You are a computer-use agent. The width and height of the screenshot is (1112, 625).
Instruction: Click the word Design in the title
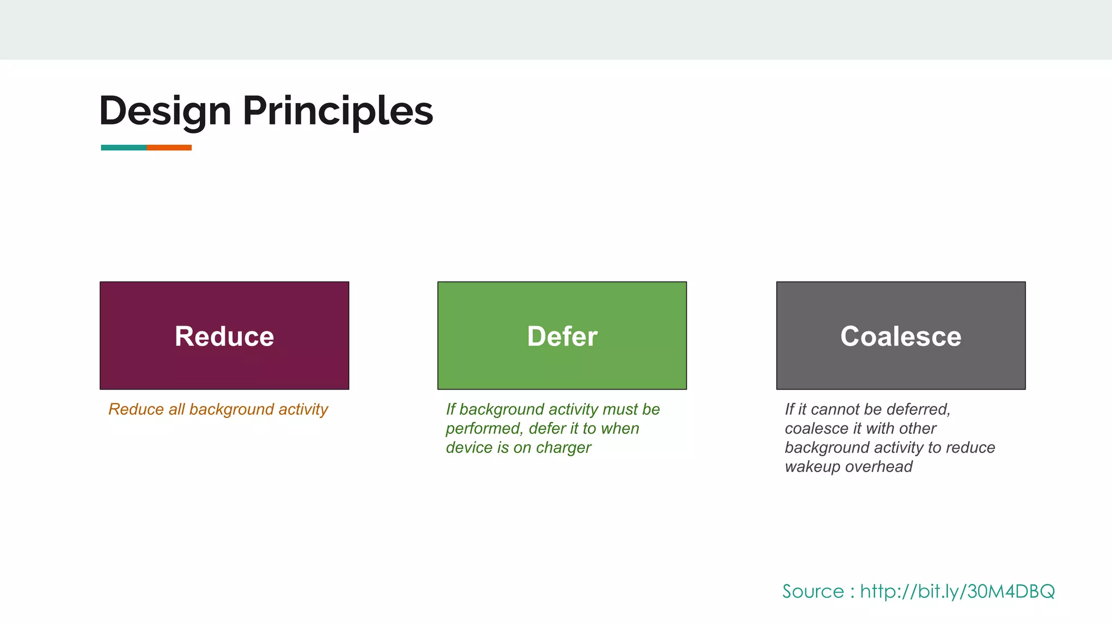click(165, 112)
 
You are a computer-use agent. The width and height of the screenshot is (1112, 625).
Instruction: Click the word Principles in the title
click(337, 112)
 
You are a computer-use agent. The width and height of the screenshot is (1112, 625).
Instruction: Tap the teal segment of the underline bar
click(123, 148)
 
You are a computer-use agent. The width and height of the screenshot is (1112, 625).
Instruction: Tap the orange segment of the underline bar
click(169, 148)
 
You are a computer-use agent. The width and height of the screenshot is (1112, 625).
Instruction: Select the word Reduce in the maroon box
click(224, 336)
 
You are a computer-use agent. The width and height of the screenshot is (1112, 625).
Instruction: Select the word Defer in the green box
click(562, 336)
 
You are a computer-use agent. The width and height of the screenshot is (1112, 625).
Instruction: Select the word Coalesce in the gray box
click(900, 336)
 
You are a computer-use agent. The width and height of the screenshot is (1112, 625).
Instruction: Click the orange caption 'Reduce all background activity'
click(218, 410)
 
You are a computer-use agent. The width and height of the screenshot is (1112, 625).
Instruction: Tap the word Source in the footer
click(813, 591)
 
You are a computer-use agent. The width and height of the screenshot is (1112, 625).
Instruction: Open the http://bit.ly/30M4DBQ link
click(957, 591)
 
